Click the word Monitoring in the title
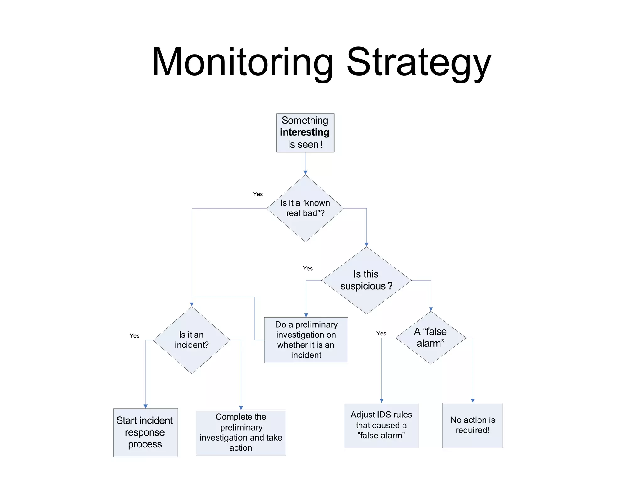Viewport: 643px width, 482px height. pos(242,62)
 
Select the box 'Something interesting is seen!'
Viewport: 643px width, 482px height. pos(305,133)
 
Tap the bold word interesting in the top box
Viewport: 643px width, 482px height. pos(305,132)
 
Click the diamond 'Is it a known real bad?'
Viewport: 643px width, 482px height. pos(305,208)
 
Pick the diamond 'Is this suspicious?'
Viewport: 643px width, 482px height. pos(366,280)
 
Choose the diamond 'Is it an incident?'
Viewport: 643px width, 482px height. pos(192,340)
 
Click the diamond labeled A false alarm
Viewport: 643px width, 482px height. pos(431,338)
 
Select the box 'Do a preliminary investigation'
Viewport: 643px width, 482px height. pos(306,340)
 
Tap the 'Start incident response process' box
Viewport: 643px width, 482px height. pos(145,432)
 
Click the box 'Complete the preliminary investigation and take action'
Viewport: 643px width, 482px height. pos(241,432)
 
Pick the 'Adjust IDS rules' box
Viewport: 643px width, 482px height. pos(381,425)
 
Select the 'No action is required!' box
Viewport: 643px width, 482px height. pos(473,425)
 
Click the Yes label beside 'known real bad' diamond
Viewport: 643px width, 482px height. pos(258,194)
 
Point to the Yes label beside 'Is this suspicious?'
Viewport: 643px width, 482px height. pos(308,269)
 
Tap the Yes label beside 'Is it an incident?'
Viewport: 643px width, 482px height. pos(134,336)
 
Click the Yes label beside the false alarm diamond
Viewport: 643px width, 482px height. pos(381,334)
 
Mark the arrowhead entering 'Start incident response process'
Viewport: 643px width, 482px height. pos(146,406)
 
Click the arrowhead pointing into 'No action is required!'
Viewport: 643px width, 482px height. pos(473,401)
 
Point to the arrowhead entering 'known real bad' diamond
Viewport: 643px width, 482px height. pos(305,173)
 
